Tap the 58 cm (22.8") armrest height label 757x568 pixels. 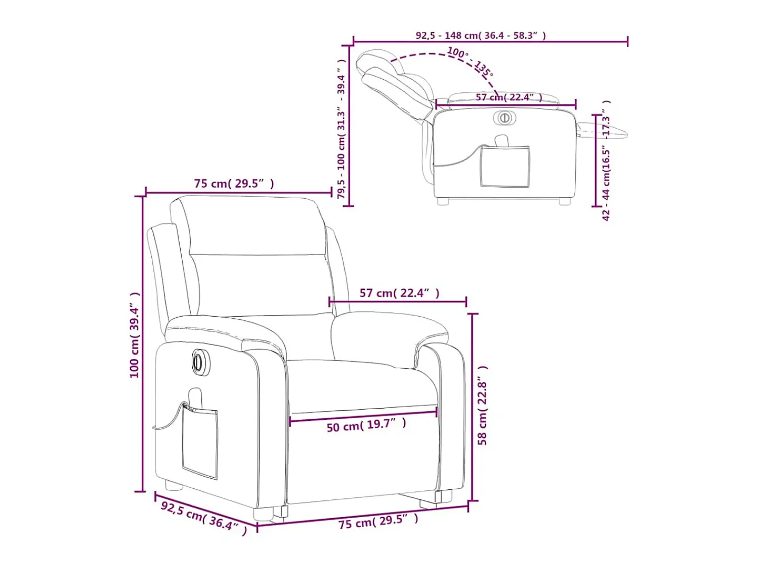pos(482,406)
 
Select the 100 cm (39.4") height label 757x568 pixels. pos(135,335)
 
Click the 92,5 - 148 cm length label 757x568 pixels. pos(481,35)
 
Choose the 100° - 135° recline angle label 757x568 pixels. pos(470,62)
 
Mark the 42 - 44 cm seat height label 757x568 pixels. pos(606,160)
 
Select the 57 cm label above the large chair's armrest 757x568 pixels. pos(399,293)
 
